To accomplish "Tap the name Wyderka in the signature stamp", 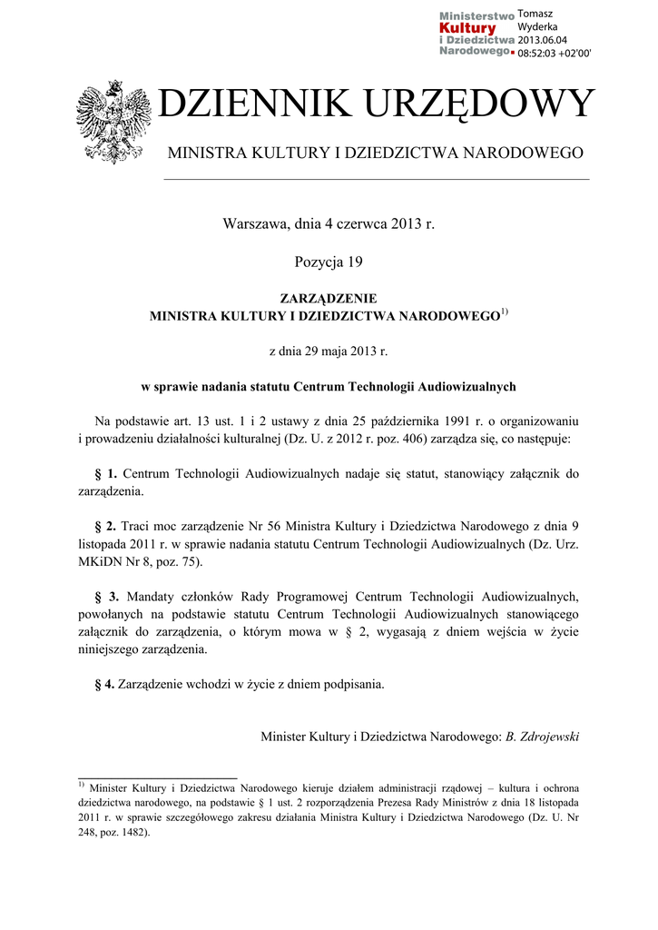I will pyautogui.click(x=537, y=26).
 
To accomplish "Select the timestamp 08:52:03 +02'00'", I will pyautogui.click(x=554, y=54).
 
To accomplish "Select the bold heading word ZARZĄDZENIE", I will pyautogui.click(x=329, y=298).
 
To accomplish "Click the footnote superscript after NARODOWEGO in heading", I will pyautogui.click(x=506, y=312).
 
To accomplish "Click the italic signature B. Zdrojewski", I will pyautogui.click(x=542, y=736).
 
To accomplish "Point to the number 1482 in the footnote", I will pyautogui.click(x=130, y=829).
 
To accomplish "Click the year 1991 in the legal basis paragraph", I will pyautogui.click(x=463, y=421).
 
